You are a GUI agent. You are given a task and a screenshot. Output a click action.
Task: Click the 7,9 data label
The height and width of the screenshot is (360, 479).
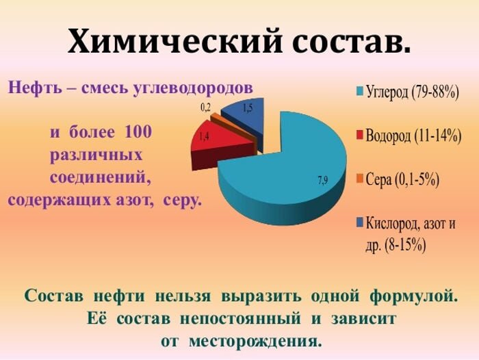322,181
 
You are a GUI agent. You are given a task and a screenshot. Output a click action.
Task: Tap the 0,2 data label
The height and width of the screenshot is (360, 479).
205,107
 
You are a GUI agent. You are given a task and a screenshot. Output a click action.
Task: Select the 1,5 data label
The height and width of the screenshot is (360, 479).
248,107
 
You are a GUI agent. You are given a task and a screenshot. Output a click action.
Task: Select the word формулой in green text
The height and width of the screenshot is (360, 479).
413,297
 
